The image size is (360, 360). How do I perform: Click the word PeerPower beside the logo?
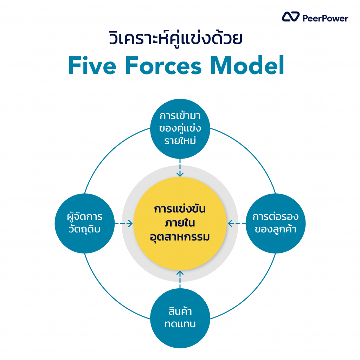(x=325, y=18)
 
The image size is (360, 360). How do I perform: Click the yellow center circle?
(x=180, y=223)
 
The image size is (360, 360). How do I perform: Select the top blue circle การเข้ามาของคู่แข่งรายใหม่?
(x=180, y=129)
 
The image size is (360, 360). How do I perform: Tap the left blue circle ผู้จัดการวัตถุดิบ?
(x=84, y=223)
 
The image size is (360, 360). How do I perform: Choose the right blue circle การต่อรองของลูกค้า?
(x=275, y=223)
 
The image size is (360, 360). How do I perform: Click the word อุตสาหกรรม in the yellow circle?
(x=180, y=237)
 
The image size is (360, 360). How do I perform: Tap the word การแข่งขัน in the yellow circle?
(x=180, y=209)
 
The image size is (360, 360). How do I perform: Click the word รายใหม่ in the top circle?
(x=180, y=141)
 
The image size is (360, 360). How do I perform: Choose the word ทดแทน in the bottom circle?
(x=180, y=324)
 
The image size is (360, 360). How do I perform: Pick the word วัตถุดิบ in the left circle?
(x=84, y=230)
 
